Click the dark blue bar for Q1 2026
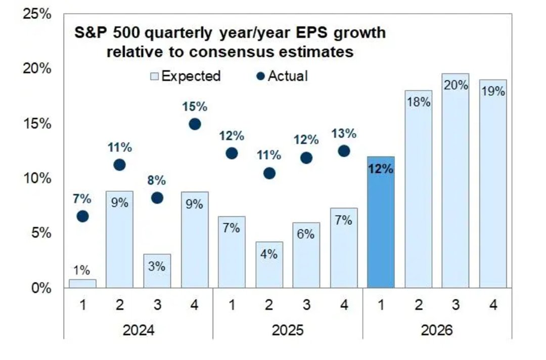point(381,222)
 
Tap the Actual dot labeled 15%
point(195,124)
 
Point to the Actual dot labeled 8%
point(157,198)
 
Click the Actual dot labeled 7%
point(82,216)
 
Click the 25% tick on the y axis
point(37,14)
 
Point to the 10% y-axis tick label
point(37,178)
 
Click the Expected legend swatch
point(155,76)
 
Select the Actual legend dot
point(260,76)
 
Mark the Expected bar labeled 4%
point(269,265)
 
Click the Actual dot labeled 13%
point(344,151)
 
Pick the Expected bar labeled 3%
point(157,271)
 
